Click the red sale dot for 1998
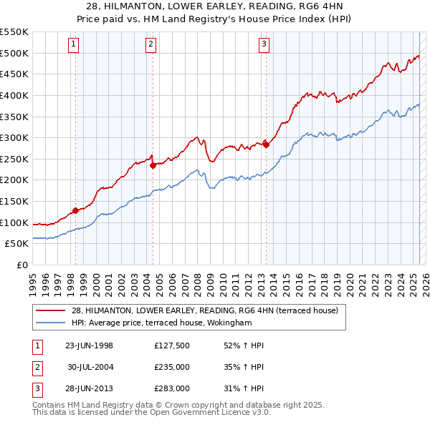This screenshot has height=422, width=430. click(75, 210)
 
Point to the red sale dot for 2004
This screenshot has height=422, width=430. click(153, 165)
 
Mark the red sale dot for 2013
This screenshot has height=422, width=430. click(266, 144)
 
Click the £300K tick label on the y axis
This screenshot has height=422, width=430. click(14, 137)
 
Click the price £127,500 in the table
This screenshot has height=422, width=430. click(172, 345)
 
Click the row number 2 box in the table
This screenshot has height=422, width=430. click(37, 367)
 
